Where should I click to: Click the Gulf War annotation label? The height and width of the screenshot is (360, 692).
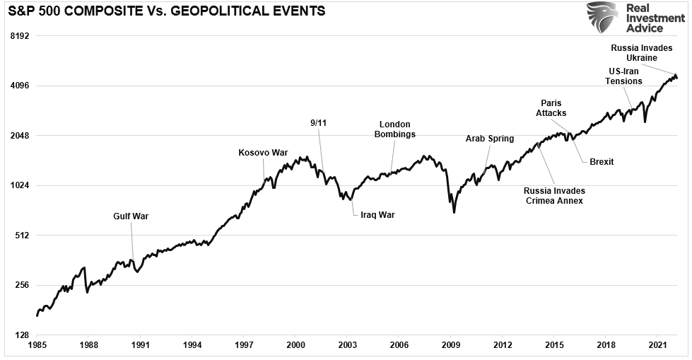click(x=131, y=216)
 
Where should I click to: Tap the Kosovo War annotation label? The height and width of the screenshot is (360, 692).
click(x=263, y=152)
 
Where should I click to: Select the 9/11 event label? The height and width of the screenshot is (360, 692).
click(x=319, y=122)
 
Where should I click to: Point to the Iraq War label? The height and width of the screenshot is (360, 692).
click(x=377, y=215)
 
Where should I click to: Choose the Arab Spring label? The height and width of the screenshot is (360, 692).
click(x=489, y=139)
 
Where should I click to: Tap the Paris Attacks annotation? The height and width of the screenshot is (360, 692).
click(x=551, y=108)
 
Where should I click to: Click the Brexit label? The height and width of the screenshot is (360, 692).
click(x=602, y=162)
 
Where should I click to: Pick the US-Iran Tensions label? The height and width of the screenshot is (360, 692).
click(x=623, y=76)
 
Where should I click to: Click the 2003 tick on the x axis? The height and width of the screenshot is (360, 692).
click(x=347, y=348)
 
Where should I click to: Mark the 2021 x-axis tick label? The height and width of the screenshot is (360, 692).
click(x=658, y=348)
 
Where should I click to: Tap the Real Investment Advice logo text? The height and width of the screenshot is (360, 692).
click(x=644, y=18)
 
